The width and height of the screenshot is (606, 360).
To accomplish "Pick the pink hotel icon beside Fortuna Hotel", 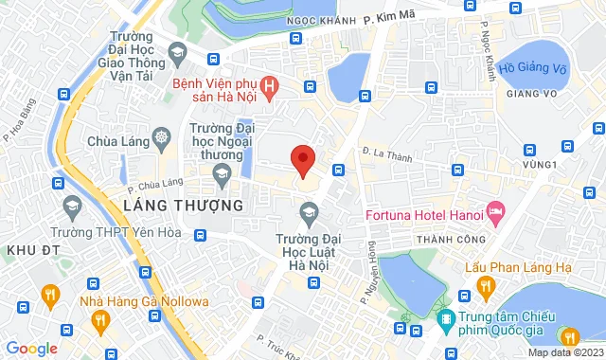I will [x=494, y=208].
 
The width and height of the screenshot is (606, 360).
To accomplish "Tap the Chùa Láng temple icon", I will [x=162, y=139].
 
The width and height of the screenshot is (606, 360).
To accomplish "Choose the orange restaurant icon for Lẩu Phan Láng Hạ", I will [x=486, y=284].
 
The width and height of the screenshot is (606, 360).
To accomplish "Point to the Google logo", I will [x=31, y=348].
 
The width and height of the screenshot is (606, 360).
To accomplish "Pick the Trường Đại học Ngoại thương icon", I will [x=223, y=172].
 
